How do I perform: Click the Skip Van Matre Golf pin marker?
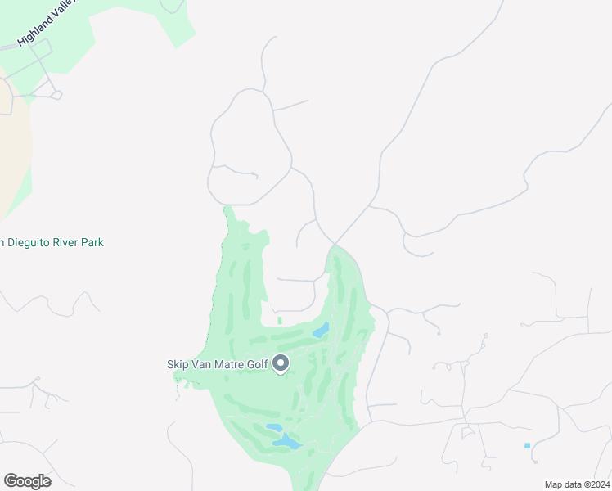pyautogui.click(x=281, y=363)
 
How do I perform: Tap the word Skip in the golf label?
pyautogui.click(x=178, y=364)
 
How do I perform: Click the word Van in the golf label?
pyautogui.click(x=203, y=364)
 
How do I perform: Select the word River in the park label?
pyautogui.click(x=68, y=242)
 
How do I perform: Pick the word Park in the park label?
pyautogui.click(x=93, y=242)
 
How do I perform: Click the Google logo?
pyautogui.click(x=27, y=481)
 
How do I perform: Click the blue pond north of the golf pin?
pyautogui.click(x=320, y=331)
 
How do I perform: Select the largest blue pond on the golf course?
pyautogui.click(x=287, y=442)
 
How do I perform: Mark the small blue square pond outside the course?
pyautogui.click(x=527, y=445)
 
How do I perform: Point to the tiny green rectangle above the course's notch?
pyautogui.click(x=279, y=320)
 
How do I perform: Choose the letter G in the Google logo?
pyautogui.click(x=10, y=481)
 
